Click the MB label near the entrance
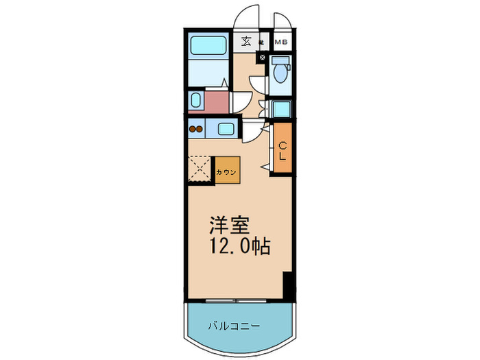point(281,43)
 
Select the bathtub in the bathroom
point(209,46)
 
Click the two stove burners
point(197,128)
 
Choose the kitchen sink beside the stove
point(226,128)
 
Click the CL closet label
point(281,151)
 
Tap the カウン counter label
point(226,172)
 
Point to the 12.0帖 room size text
point(239,246)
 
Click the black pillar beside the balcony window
point(288,286)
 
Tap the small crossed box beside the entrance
point(262,58)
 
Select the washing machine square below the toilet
point(280,109)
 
